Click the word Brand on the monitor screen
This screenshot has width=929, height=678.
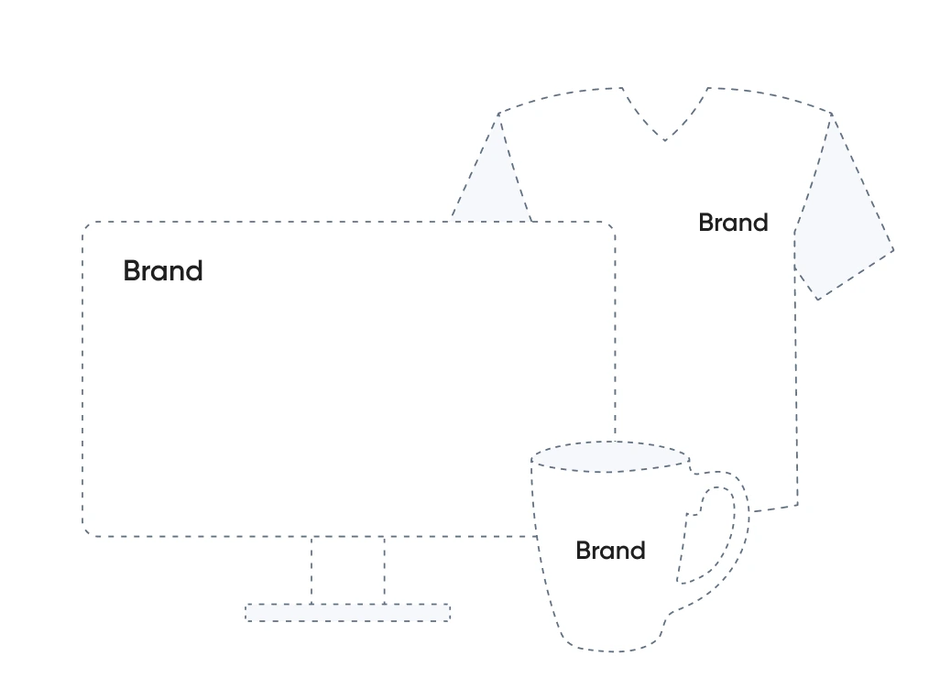tap(163, 271)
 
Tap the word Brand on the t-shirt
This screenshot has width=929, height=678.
tap(733, 223)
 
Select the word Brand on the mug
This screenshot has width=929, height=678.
tap(610, 551)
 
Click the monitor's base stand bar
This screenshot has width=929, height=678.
tap(347, 612)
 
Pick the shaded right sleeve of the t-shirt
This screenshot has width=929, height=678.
tap(838, 229)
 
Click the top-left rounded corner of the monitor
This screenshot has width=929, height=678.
tap(87, 225)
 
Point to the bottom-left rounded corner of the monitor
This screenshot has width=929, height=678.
tap(87, 531)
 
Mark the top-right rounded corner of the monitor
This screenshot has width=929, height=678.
tap(611, 225)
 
